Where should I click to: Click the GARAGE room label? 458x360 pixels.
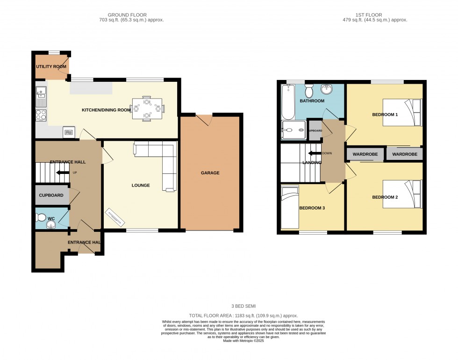click(210, 173)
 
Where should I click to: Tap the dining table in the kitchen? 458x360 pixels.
click(147, 108)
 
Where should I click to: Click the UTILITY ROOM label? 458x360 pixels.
click(51, 67)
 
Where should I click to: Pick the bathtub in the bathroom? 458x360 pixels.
click(288, 102)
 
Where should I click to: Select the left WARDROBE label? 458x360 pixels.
click(365, 154)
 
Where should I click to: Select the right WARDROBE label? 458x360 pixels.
click(405, 154)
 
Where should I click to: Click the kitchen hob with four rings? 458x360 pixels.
click(41, 115)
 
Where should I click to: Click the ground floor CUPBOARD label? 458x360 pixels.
click(51, 195)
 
